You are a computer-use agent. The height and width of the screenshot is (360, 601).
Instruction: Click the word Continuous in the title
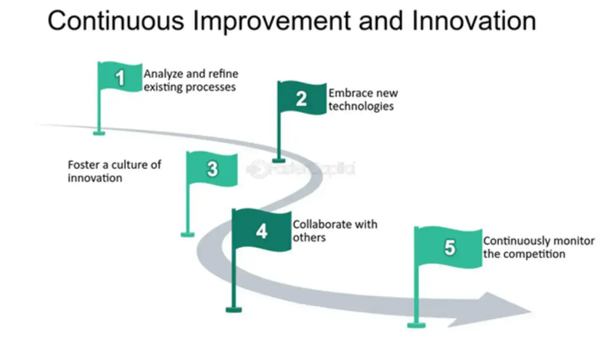click(x=116, y=21)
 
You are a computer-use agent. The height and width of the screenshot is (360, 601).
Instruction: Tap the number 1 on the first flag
click(x=120, y=78)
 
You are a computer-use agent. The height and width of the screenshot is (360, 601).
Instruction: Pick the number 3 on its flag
click(x=213, y=169)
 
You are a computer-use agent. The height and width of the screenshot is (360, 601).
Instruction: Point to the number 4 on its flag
click(x=262, y=231)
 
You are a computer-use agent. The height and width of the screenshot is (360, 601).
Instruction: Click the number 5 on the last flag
click(x=449, y=247)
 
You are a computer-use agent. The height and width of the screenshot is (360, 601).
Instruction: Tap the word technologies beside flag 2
click(x=361, y=107)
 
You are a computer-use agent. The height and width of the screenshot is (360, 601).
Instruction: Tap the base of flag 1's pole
click(x=99, y=133)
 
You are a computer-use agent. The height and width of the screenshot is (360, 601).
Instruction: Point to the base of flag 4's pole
click(x=234, y=309)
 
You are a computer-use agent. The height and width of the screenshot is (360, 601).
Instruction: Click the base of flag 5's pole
click(x=416, y=325)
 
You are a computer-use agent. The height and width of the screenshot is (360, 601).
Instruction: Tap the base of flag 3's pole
click(x=187, y=234)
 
